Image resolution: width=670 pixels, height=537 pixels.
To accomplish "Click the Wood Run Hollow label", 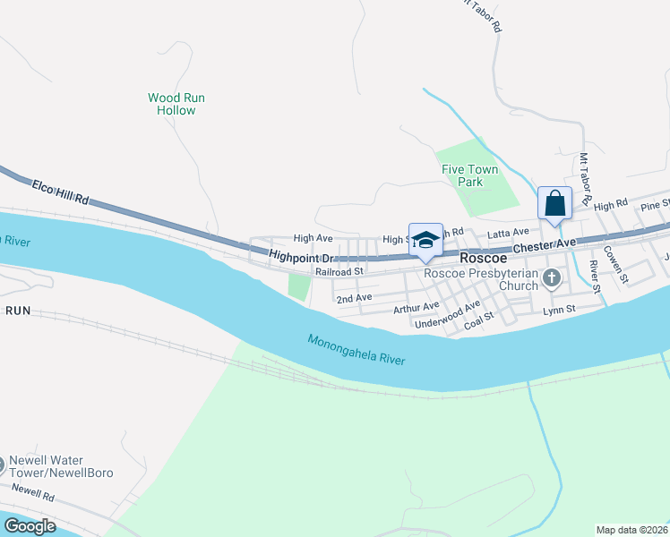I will coord(176,104).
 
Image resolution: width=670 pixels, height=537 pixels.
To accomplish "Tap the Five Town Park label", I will coord(462,175).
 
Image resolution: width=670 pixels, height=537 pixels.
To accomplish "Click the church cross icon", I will coord(552,279).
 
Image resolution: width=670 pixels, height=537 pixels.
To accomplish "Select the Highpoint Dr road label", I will coord(300,257).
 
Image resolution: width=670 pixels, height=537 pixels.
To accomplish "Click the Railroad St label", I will coord(339,270).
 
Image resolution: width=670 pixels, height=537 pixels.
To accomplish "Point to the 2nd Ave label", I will coord(353,297).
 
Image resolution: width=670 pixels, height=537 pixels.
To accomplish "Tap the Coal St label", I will coord(479,326).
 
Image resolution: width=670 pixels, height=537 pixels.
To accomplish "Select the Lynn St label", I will coord(559,310).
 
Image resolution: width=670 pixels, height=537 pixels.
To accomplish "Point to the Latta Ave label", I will coord(508,233).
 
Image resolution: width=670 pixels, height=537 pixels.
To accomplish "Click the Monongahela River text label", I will coord(356,350).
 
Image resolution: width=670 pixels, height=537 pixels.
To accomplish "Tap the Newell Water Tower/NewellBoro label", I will coord(60,466).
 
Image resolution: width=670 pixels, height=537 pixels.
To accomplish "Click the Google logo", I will coord(29,526).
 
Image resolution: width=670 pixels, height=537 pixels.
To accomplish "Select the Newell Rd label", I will coord(34,491).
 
